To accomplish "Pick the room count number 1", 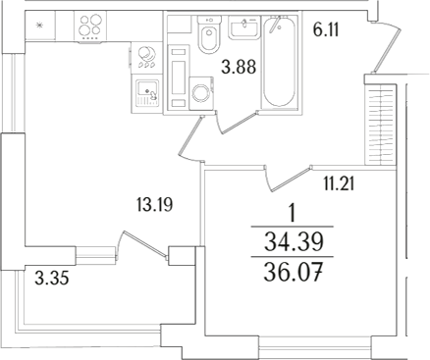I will click(292, 213).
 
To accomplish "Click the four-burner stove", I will click(95, 26).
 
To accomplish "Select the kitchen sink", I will click(146, 91).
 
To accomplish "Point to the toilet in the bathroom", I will click(206, 38).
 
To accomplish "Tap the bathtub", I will click(281, 66).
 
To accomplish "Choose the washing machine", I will click(202, 95).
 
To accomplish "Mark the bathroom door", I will click(235, 121).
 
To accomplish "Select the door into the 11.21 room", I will click(284, 177).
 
